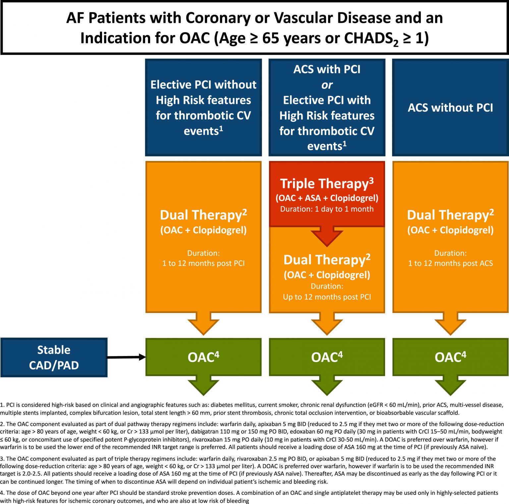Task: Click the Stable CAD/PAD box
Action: point(54,357)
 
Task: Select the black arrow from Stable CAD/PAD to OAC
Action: point(126,357)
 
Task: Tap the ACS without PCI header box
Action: point(450,108)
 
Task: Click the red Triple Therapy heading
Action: point(327,183)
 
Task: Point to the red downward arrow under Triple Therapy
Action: point(327,236)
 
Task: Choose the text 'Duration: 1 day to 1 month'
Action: point(327,209)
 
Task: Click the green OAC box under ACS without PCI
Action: point(450,357)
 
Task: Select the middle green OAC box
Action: point(327,357)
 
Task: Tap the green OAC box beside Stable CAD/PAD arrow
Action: point(203,357)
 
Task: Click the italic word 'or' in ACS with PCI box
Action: point(327,85)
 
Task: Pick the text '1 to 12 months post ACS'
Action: point(450,263)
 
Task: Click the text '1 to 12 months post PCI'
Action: point(203,263)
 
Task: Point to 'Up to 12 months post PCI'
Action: point(327,297)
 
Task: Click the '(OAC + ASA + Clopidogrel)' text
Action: point(327,198)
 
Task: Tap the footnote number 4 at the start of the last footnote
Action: point(2,493)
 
